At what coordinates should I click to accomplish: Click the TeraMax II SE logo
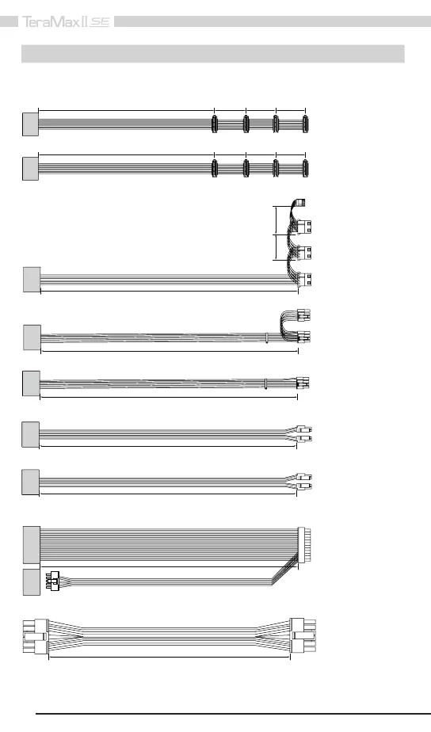pos(66,22)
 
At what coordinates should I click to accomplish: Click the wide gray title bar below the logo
pos(213,54)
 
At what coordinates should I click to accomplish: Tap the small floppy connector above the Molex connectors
pos(299,203)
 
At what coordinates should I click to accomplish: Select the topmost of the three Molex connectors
pos(305,227)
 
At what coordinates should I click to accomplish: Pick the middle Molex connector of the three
pos(305,253)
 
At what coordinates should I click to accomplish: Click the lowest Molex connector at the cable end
pos(305,280)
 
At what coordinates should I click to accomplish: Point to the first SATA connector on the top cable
pos(215,124)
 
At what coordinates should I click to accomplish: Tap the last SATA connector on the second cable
pos(305,169)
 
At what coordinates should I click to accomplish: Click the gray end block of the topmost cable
pos(30,124)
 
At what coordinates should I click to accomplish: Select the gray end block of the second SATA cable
pos(30,169)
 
